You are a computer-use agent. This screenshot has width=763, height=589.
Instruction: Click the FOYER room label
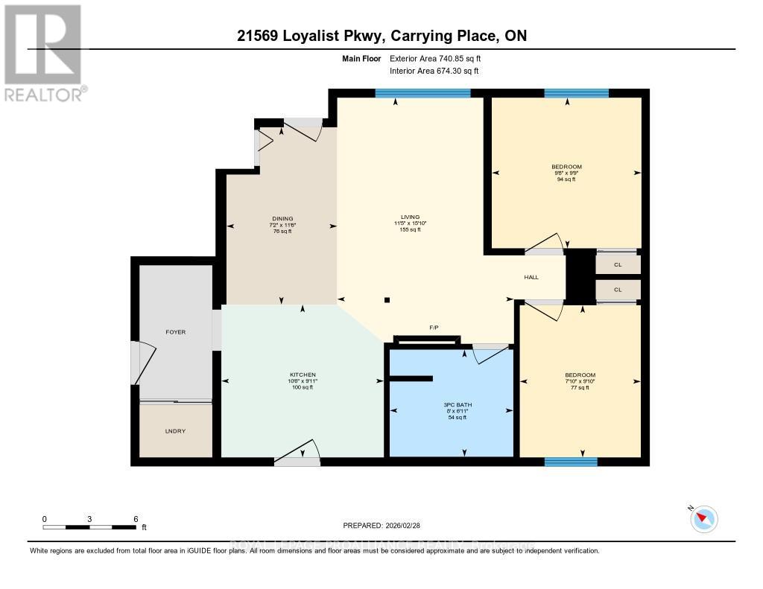[x=175, y=332]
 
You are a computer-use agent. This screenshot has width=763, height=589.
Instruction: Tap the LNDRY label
[x=175, y=430]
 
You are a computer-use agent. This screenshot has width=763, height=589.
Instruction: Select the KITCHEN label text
[x=303, y=375]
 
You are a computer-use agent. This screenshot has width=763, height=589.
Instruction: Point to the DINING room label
[x=282, y=218]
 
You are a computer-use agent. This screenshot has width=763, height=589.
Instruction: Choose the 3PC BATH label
[x=452, y=405]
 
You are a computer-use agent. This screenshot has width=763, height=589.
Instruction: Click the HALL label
[x=531, y=278]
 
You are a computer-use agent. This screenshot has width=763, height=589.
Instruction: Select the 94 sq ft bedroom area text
[x=566, y=179]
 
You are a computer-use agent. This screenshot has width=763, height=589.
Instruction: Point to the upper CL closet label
[x=618, y=264]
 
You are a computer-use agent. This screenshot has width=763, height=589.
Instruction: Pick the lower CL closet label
[x=618, y=290]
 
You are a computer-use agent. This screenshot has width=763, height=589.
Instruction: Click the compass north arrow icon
[x=703, y=518]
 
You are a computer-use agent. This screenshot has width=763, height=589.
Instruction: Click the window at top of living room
[x=422, y=93]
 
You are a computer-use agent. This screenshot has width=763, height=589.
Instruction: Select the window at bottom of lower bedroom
[x=571, y=462]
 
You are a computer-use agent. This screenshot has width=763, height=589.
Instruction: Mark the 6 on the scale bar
[x=135, y=519]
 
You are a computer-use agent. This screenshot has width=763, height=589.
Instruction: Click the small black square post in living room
[x=387, y=300]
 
